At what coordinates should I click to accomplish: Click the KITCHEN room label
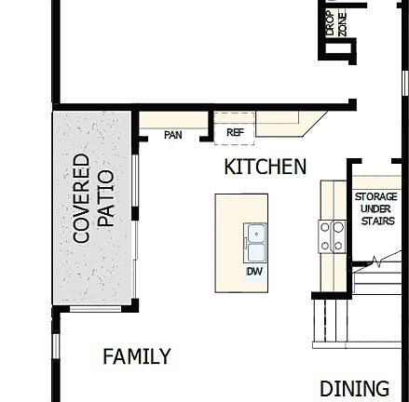265,167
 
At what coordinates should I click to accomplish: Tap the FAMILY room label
137,356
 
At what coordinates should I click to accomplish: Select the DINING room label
354,388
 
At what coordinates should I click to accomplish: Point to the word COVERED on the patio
82,198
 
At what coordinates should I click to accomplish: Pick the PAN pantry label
172,136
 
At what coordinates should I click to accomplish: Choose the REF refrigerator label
235,133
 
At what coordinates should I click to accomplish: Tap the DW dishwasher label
254,272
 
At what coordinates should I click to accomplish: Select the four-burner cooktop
333,236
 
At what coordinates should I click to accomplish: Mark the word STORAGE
376,197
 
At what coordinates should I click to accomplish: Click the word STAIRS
376,221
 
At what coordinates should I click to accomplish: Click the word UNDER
376,209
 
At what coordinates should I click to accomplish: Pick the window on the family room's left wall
56,346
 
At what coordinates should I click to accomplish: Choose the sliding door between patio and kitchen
136,223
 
